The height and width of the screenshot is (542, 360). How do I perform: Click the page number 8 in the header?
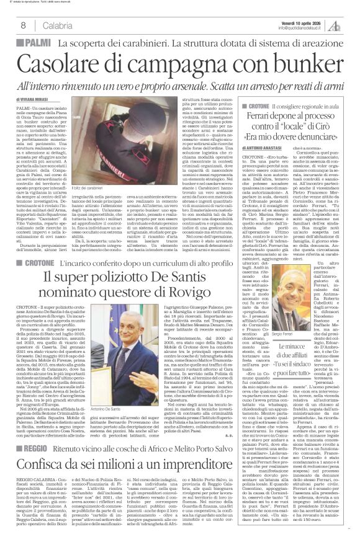pyautogui.click(x=22, y=24)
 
